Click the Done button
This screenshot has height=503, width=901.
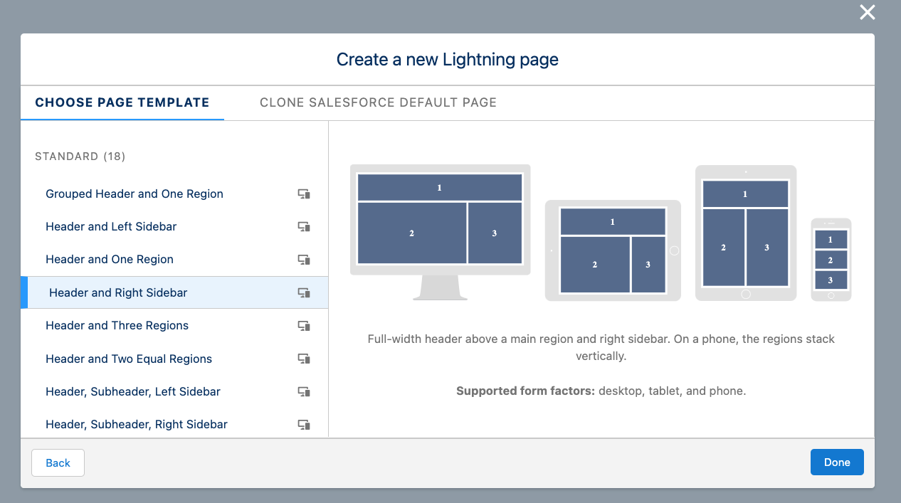click(837, 462)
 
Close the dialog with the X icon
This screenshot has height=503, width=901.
click(868, 13)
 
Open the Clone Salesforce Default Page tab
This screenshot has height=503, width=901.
click(378, 102)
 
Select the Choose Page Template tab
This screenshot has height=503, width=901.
click(122, 102)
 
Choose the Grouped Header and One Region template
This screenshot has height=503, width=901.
click(135, 194)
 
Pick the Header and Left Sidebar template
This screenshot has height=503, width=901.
click(111, 227)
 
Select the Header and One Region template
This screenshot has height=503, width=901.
click(110, 260)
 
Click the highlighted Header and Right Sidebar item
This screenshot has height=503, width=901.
click(118, 292)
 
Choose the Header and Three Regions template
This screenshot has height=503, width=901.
click(117, 325)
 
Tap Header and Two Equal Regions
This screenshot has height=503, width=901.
click(129, 359)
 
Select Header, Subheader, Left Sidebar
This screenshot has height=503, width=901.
click(133, 391)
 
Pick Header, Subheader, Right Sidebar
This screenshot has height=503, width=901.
click(137, 424)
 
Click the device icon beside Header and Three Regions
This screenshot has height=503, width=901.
click(304, 326)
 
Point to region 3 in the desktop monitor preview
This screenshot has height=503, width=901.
click(495, 233)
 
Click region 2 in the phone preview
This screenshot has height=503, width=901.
click(831, 260)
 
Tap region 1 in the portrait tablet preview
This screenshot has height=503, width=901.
click(745, 194)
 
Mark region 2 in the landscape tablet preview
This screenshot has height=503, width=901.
click(595, 265)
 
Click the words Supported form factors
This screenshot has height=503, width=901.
click(525, 391)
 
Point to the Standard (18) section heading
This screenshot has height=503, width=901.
click(80, 157)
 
